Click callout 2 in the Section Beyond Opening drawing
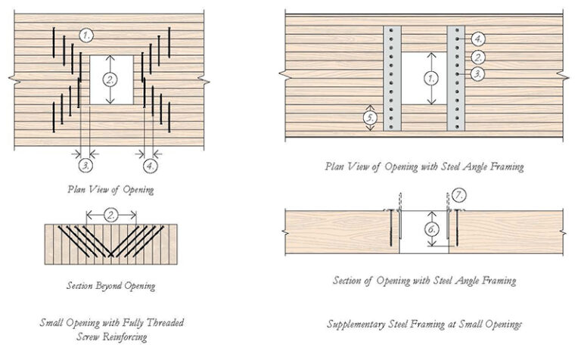pyautogui.click(x=111, y=216)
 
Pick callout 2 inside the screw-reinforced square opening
pyautogui.click(x=111, y=79)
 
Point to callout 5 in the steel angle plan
pyautogui.click(x=370, y=118)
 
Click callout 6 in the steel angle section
pyautogui.click(x=430, y=228)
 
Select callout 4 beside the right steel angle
pyautogui.click(x=478, y=39)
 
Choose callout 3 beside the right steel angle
pyautogui.click(x=478, y=73)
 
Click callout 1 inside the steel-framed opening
pyautogui.click(x=430, y=78)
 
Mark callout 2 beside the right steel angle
pyautogui.click(x=478, y=56)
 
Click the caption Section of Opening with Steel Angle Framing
pyautogui.click(x=424, y=281)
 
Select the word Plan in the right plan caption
pyautogui.click(x=335, y=166)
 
